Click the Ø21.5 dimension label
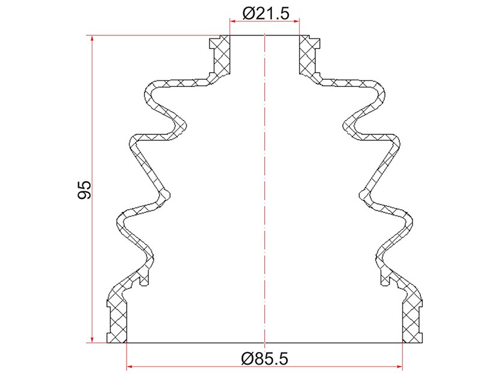click(266, 13)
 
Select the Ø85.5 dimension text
click(264, 359)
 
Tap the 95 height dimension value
click(85, 189)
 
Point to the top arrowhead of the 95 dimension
click(92, 39)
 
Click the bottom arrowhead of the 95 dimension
click(92, 339)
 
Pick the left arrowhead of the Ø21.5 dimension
click(234, 21)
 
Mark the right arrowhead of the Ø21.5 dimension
click(295, 21)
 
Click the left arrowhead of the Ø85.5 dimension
click(130, 366)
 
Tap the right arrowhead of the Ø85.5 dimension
click(399, 366)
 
